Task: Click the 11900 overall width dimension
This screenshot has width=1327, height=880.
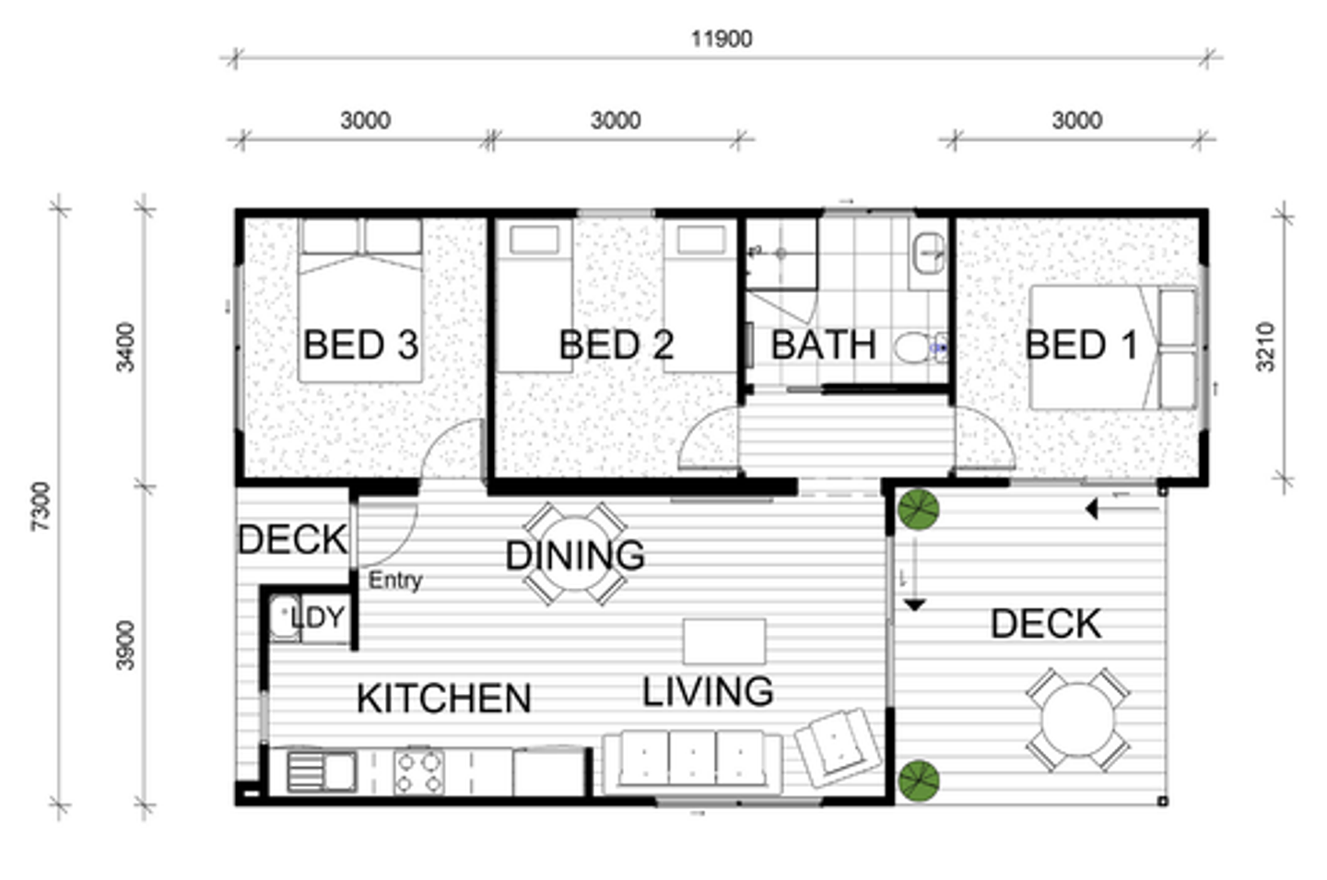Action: coord(722,39)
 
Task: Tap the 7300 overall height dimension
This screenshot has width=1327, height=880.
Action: coord(41,506)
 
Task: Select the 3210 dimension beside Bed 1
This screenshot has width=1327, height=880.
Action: coord(1265,346)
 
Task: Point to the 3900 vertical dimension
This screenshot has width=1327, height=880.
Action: coord(125,646)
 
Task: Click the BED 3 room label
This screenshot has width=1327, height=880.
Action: coord(361,345)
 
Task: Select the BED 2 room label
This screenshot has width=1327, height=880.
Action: coord(617,345)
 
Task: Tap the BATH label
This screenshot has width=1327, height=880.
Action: coord(824,345)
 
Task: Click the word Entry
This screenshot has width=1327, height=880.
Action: coord(395,581)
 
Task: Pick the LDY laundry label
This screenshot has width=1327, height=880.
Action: coord(318,617)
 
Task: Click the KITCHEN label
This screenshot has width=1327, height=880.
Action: coord(444,698)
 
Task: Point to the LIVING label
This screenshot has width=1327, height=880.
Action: coord(708,691)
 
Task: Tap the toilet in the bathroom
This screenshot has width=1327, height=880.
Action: coord(920,347)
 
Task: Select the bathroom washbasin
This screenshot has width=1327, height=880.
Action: coord(928,253)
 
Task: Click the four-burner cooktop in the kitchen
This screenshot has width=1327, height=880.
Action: coord(418,771)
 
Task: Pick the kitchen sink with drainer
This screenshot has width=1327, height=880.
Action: coord(322,771)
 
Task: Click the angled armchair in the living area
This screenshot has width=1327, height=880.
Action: coord(837,748)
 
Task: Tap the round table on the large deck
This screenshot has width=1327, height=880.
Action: coord(1077,720)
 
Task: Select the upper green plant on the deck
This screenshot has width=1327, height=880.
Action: coord(918,510)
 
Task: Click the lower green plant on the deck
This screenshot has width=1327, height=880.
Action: coord(918,780)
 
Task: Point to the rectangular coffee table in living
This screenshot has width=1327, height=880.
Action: coord(724,641)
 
